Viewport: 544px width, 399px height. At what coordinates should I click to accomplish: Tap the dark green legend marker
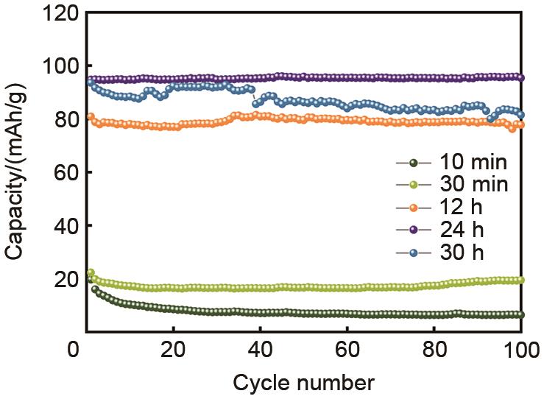(x=413, y=163)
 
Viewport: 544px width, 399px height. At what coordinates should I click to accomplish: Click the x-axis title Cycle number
(x=303, y=383)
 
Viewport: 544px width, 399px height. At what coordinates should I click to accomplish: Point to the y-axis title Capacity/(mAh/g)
(x=16, y=173)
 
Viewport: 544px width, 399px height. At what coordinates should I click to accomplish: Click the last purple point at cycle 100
(x=520, y=77)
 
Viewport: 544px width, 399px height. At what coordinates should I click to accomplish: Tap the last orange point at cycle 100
(x=520, y=125)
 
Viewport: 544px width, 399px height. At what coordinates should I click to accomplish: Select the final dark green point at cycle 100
(x=520, y=314)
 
